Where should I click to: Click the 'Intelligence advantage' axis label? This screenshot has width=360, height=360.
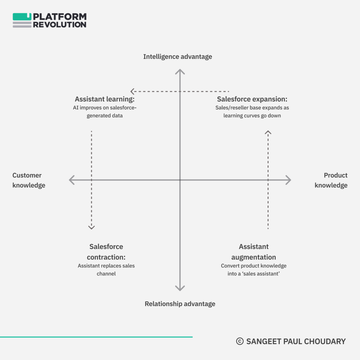[x=178, y=57]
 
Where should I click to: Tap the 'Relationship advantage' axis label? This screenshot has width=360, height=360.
[x=180, y=304]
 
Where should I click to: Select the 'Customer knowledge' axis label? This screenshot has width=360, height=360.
[x=29, y=180]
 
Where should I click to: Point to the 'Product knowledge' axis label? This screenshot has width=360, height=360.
[x=331, y=180]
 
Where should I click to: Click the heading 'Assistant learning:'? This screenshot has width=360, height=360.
[x=105, y=99]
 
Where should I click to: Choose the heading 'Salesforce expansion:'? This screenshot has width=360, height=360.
[x=252, y=99]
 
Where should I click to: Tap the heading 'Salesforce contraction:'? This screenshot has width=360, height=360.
[x=106, y=252]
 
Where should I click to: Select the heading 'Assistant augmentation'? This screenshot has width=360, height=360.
[x=253, y=252]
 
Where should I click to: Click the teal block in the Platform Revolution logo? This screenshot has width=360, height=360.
[x=22, y=17]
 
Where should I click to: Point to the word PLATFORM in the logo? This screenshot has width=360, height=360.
[x=60, y=17]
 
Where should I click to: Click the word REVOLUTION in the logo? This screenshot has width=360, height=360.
[x=60, y=25]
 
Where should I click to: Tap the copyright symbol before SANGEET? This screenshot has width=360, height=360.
[x=240, y=341]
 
